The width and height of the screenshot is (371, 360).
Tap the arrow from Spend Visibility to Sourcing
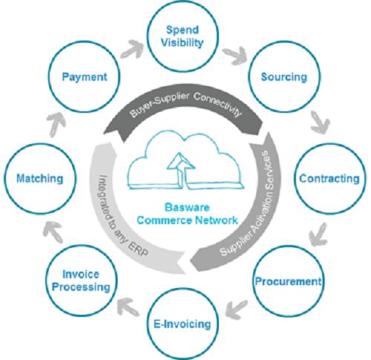coord(234,56)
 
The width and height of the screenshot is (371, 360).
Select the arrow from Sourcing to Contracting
coord(320,122)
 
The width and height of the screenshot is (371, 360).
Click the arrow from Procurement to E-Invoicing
coord(237,310)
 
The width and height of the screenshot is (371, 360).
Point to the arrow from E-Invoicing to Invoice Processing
coord(128,307)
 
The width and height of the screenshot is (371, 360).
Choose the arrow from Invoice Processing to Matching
coord(53,232)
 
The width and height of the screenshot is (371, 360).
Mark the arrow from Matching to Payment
coord(56,125)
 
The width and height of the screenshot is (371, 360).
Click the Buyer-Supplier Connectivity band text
coord(185,105)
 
